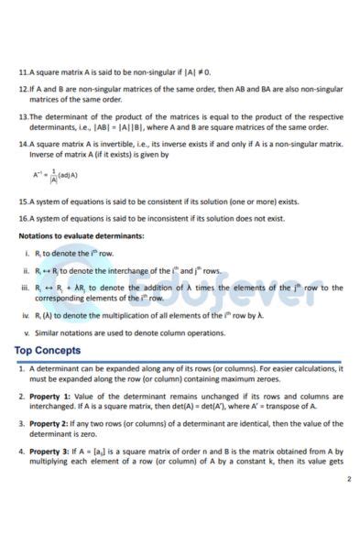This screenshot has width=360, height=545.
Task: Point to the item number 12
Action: coord(23,89)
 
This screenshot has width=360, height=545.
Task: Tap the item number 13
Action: coord(23,117)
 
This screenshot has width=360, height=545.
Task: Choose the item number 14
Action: coord(23,144)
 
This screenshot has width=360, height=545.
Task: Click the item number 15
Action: coord(23,201)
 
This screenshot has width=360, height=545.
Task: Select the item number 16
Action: coord(23,218)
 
